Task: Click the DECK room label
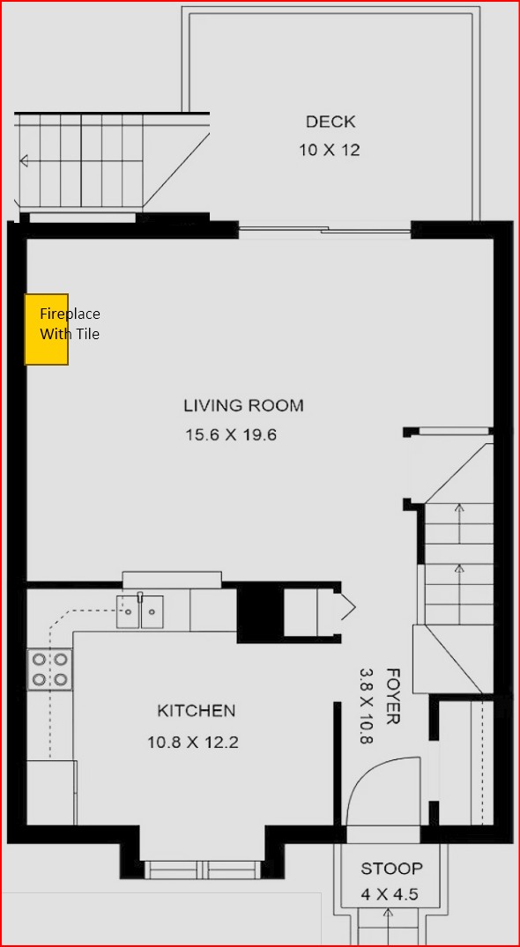pyautogui.click(x=331, y=122)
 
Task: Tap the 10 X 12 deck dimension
pyautogui.click(x=330, y=151)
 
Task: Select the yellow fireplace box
pyautogui.click(x=46, y=329)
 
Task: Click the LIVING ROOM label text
pyautogui.click(x=243, y=405)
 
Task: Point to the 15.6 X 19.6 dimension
pyautogui.click(x=231, y=435)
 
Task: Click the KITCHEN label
pyautogui.click(x=197, y=711)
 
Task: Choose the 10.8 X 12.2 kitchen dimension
pyautogui.click(x=193, y=742)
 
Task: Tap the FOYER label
pyautogui.click(x=393, y=696)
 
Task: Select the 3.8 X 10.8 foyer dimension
pyautogui.click(x=366, y=706)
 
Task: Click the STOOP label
pyautogui.click(x=392, y=869)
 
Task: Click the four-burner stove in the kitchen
pyautogui.click(x=49, y=670)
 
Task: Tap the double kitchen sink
pyautogui.click(x=140, y=611)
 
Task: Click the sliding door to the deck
pyautogui.click(x=325, y=229)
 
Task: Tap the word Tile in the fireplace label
pyautogui.click(x=87, y=333)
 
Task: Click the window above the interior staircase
pyautogui.click(x=453, y=431)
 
